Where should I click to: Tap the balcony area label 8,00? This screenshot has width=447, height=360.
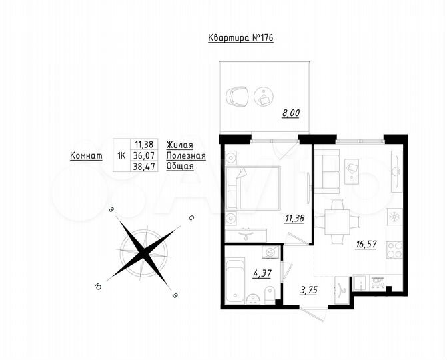pyautogui.click(x=290, y=113)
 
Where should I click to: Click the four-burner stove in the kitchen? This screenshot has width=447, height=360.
pyautogui.click(x=394, y=249)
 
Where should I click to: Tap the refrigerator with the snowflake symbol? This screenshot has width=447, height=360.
pyautogui.click(x=394, y=217)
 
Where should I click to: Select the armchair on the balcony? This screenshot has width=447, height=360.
pyautogui.click(x=236, y=97)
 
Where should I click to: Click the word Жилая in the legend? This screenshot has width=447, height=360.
pyautogui.click(x=180, y=145)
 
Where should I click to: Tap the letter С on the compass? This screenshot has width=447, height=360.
pyautogui.click(x=191, y=218)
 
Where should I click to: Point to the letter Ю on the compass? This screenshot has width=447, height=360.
pyautogui.click(x=98, y=286)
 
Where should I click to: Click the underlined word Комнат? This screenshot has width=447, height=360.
pyautogui.click(x=86, y=155)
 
